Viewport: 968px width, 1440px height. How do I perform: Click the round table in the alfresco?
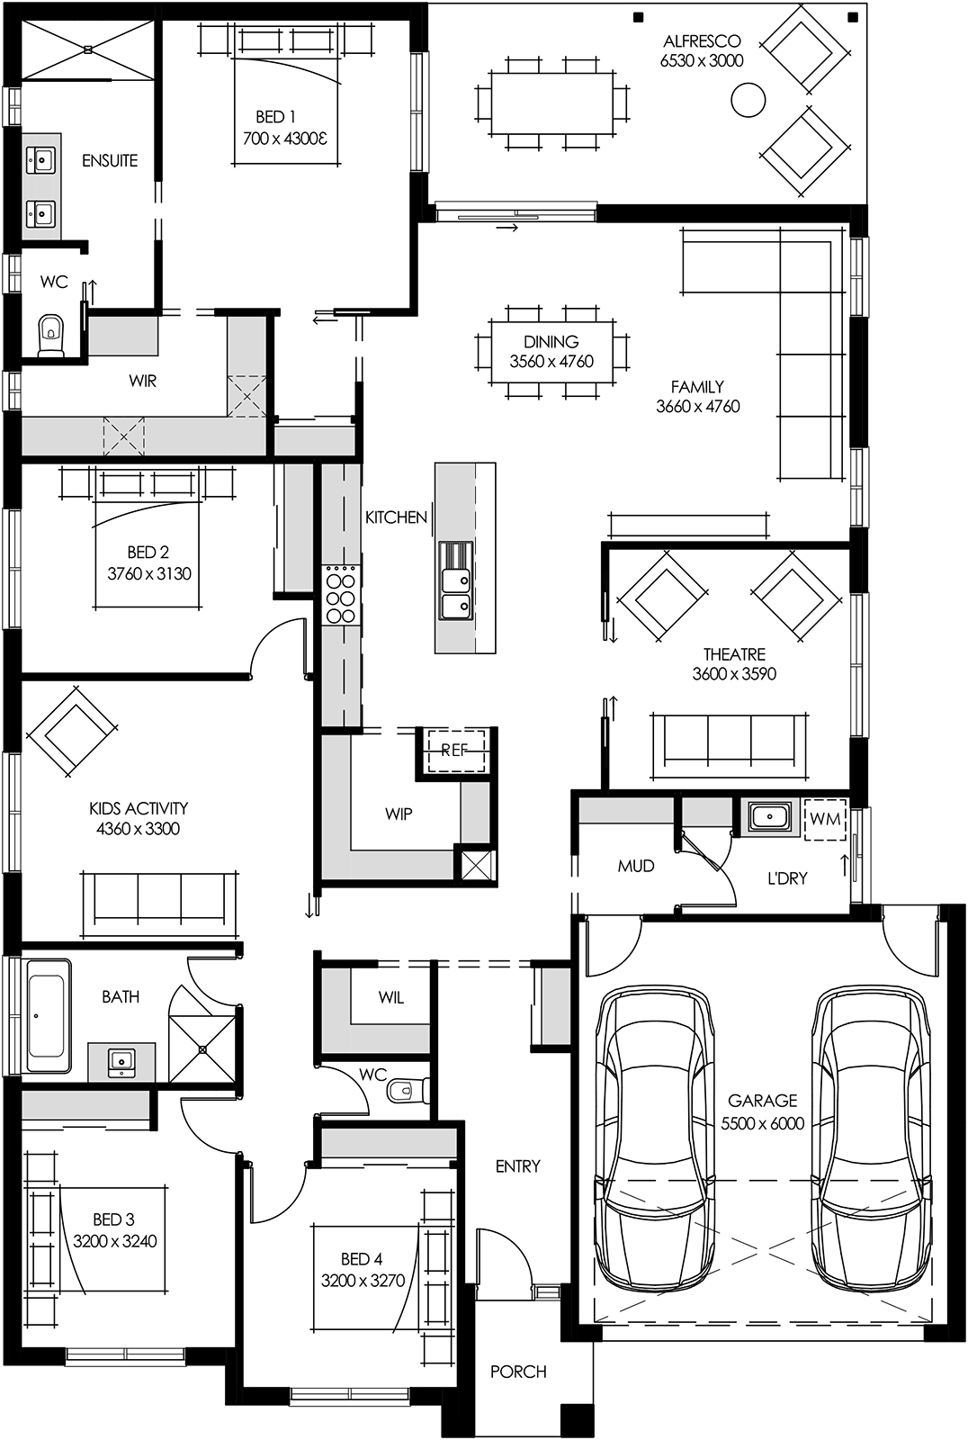[748, 100]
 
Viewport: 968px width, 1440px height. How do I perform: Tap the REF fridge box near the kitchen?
[454, 750]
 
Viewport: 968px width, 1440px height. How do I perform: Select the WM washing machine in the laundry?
[825, 819]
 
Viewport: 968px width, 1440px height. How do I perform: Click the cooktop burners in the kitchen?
[340, 594]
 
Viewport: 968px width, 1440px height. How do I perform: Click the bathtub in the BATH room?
[47, 1015]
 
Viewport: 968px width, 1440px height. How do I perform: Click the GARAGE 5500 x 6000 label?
[762, 1111]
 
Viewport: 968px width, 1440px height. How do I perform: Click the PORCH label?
[518, 1372]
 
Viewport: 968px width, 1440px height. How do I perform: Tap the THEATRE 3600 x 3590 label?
[734, 664]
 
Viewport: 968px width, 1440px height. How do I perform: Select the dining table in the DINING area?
[551, 351]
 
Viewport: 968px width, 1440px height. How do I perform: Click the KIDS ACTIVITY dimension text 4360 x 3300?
[138, 829]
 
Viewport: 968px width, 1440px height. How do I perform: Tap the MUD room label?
[635, 866]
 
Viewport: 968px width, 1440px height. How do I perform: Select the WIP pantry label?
[399, 814]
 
